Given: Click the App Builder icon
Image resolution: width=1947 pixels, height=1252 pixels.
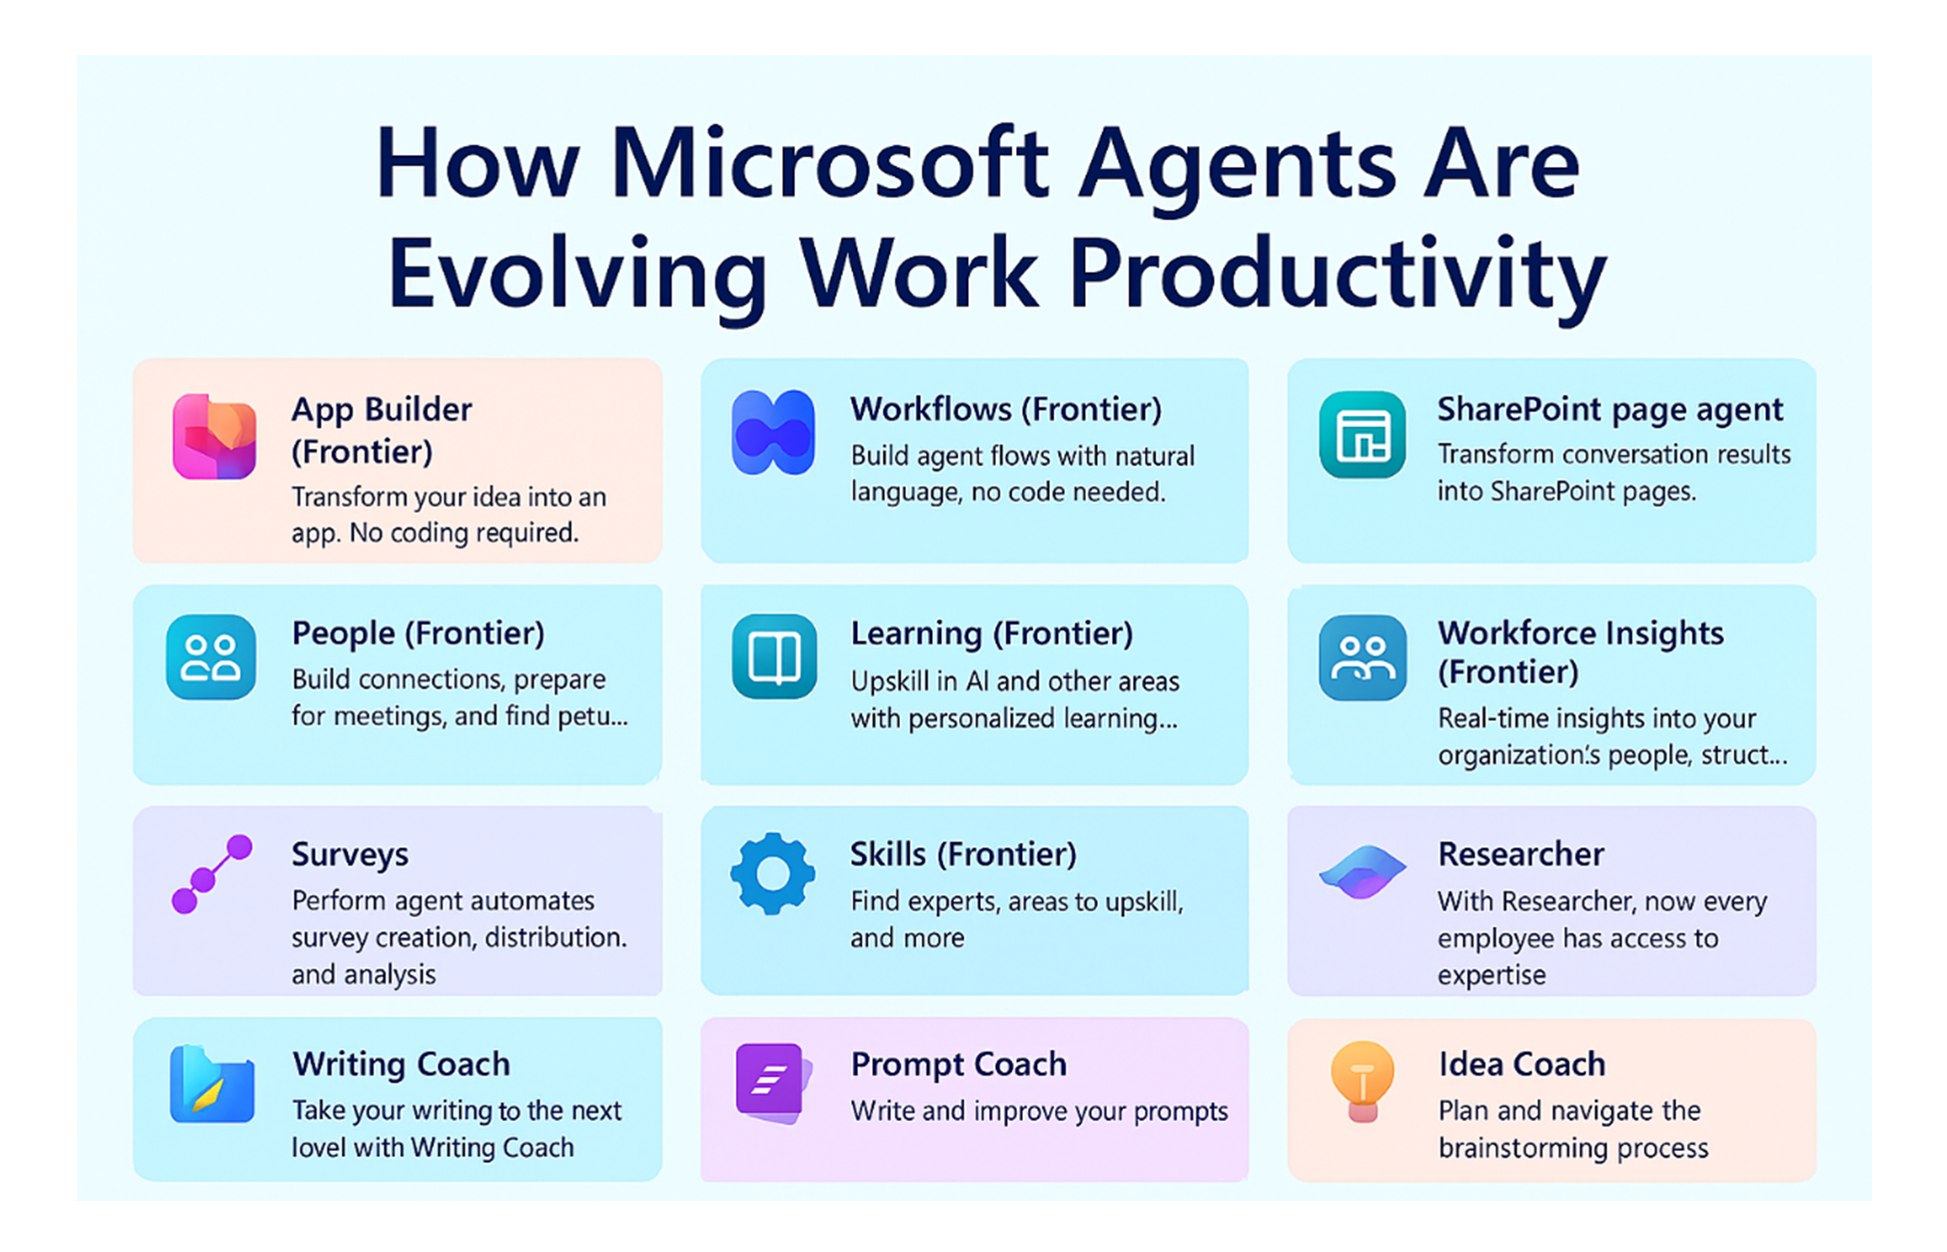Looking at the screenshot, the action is click(214, 437).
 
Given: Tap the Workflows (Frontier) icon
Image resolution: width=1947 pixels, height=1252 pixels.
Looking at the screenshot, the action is click(772, 433).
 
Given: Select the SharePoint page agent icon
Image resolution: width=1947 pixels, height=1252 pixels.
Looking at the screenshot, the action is click(1362, 435).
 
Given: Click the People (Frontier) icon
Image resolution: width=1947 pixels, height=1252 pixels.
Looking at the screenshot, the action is click(211, 656).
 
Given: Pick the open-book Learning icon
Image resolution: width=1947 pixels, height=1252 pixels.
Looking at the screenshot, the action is click(774, 656).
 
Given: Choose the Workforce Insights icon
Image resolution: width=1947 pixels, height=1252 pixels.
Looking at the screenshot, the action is click(1362, 656).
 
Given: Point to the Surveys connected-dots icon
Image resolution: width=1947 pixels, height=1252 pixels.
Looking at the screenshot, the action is click(212, 874).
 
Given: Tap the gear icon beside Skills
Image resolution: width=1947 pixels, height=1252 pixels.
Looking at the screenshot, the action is click(772, 874).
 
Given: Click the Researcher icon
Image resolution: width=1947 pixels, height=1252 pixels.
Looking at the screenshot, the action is click(1362, 871).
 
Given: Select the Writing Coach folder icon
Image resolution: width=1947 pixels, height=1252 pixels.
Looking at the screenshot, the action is click(212, 1084).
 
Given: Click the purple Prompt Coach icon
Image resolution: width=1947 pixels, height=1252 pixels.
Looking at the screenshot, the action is click(772, 1082).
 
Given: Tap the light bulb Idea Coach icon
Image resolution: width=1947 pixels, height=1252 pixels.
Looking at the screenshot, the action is click(1362, 1082).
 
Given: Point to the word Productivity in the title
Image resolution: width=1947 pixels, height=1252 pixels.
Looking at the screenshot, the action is click(1338, 274).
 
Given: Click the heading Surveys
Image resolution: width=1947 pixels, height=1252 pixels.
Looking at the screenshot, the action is click(350, 855).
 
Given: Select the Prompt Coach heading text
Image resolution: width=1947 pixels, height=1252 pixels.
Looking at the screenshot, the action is click(958, 1064).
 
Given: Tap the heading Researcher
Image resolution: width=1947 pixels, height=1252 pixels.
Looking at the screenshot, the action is click(1520, 854).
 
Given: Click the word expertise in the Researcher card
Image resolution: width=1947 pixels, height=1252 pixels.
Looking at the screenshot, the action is click(1491, 976).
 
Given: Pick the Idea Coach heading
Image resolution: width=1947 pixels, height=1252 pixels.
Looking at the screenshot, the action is click(1521, 1064).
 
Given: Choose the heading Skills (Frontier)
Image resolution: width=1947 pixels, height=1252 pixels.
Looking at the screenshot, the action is click(963, 854).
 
